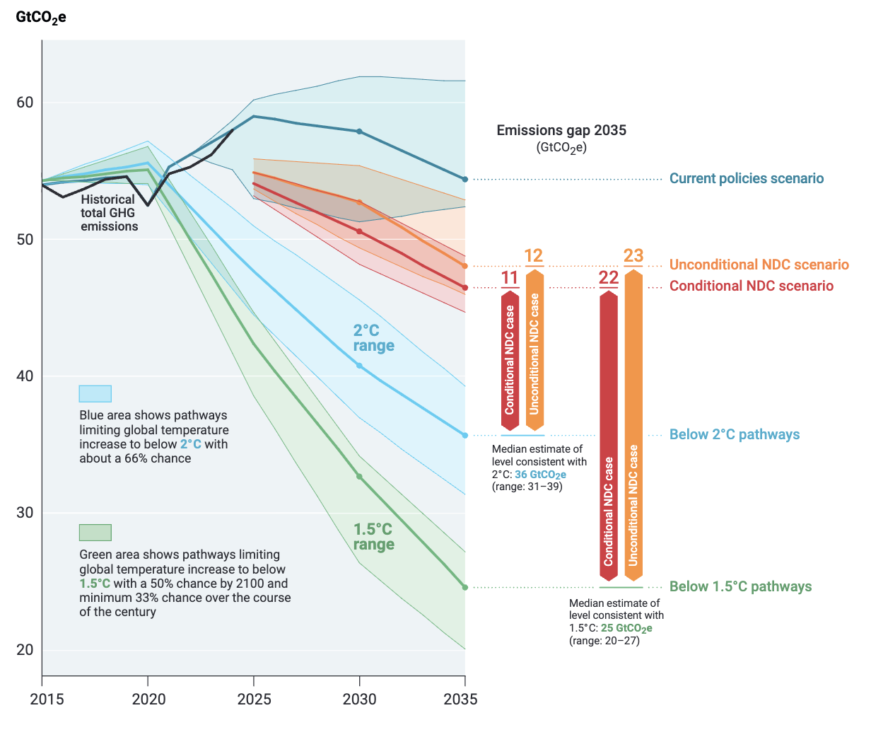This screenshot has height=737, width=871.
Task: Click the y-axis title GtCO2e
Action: point(41,17)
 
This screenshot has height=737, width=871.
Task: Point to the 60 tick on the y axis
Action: point(25,103)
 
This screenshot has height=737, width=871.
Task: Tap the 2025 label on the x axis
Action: point(254,700)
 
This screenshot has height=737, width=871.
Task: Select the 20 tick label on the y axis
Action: point(25,650)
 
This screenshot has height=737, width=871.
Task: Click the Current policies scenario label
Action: point(747,179)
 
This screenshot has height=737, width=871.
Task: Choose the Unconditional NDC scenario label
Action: point(759,265)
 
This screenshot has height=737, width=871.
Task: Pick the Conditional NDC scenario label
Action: point(751,286)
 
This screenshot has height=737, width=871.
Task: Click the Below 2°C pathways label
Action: point(735,435)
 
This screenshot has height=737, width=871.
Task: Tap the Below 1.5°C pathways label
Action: point(740,587)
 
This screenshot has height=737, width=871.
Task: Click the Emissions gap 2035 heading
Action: point(561,131)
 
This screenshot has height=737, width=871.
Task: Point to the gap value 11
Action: point(510,278)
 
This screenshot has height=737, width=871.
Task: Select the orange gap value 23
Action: point(633,256)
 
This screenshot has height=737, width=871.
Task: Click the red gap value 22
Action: point(609,278)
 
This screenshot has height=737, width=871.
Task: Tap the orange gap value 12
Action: point(534,256)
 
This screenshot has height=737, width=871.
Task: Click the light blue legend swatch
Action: point(95,394)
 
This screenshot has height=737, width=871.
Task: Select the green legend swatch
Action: point(95,533)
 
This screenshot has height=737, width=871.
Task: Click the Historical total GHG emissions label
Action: point(109,213)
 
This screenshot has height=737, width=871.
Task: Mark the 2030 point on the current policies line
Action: point(359,132)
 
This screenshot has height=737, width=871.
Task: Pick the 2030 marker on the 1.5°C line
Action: point(359,477)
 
